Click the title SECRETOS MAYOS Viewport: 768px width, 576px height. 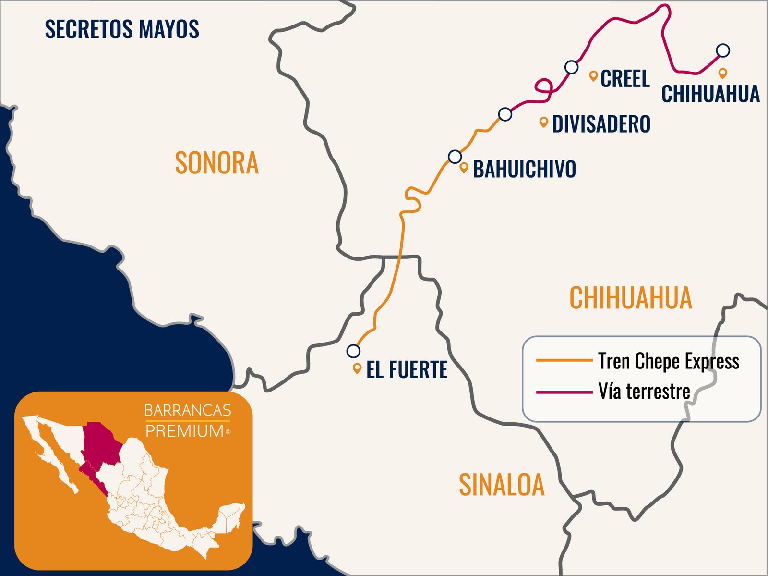coord(122,29)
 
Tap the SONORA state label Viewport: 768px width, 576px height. coord(216,163)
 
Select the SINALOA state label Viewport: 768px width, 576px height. coord(502,485)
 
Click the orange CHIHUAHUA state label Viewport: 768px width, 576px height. coord(630,298)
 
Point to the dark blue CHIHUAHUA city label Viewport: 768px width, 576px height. coord(710,94)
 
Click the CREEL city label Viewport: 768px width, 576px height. coord(625,79)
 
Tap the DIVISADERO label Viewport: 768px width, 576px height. coord(601,124)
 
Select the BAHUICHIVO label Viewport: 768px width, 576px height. coord(524,169)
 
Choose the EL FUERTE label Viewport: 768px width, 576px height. coord(407,370)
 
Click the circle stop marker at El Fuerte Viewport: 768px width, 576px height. coord(353,351)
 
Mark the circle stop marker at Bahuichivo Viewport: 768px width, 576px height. coord(455,157)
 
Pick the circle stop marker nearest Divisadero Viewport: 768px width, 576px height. coord(505,114)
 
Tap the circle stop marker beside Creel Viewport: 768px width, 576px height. coord(571,67)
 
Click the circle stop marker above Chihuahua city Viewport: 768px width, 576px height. coord(723,50)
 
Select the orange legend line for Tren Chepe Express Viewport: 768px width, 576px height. coord(564,360)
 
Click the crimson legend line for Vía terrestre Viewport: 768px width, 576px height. coord(564,392)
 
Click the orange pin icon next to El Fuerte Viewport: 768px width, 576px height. coord(357,368)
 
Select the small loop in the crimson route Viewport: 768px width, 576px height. coord(544,86)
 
